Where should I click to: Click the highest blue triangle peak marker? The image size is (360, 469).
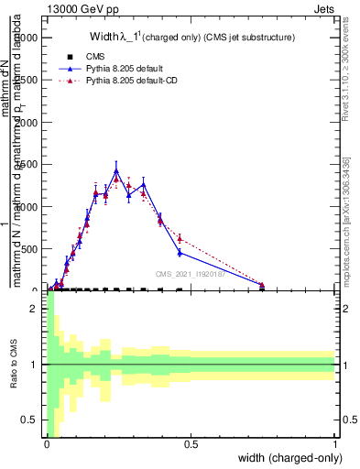click(116, 170)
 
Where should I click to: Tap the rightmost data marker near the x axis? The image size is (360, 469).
click(262, 286)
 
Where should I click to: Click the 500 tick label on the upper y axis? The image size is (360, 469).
click(29, 248)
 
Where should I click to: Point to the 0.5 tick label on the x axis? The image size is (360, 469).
click(191, 446)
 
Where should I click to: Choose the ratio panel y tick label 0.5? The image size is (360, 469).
click(30, 420)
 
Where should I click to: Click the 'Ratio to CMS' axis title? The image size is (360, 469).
click(14, 365)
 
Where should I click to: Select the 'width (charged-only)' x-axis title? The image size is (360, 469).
click(289, 458)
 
